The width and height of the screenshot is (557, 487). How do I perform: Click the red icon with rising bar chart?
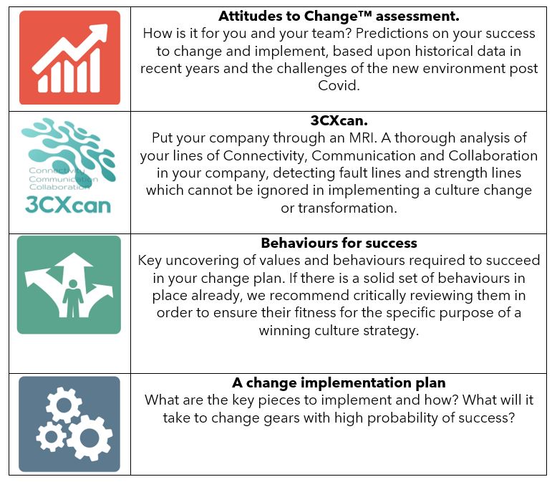coord(69,57)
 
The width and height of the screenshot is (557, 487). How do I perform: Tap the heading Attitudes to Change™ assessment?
coord(339,16)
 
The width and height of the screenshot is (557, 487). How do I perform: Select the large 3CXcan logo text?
coord(68,205)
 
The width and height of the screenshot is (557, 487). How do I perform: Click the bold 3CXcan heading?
coord(339,120)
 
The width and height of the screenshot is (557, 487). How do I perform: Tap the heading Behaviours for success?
coord(339,243)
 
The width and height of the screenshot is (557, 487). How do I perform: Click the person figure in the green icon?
coord(73,298)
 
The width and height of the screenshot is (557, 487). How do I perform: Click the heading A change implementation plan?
coord(339,383)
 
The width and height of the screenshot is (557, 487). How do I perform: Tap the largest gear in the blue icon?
coord(89,438)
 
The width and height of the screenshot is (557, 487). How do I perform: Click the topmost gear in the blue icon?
coord(64,405)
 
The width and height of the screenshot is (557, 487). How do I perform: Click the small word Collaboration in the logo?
coord(59,187)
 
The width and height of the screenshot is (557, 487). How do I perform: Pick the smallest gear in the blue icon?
coord(52,437)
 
